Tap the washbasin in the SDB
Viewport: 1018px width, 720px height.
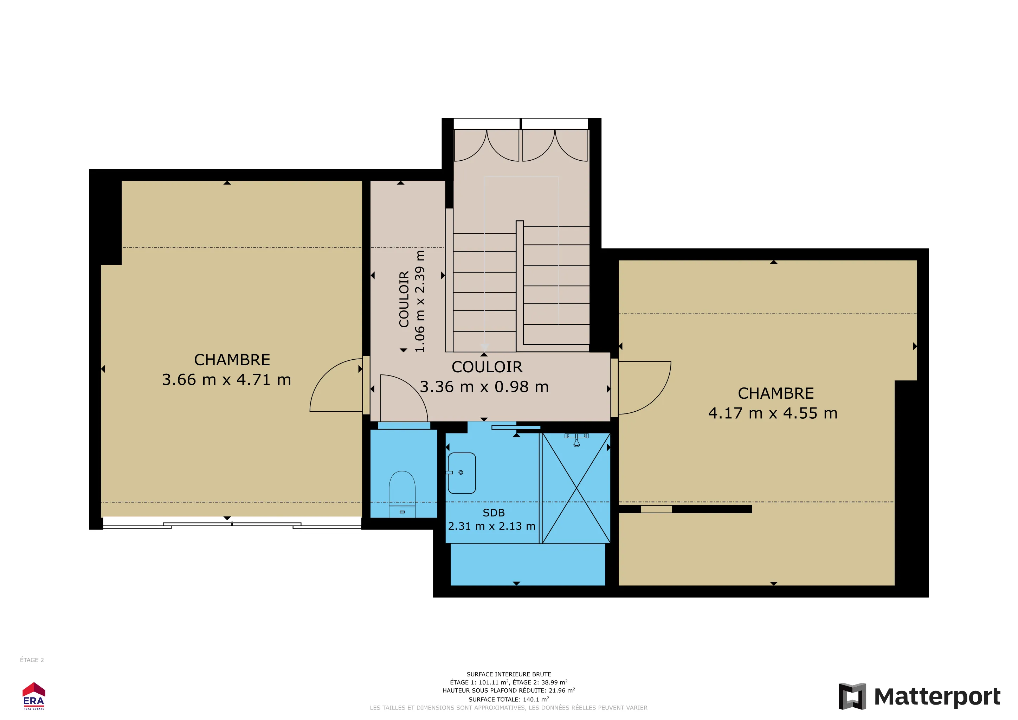[462, 473]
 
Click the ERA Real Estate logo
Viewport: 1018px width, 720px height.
[34, 696]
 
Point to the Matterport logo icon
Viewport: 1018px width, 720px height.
[852, 696]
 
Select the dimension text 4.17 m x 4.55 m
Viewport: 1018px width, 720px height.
[773, 413]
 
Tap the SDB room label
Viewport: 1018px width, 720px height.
[494, 513]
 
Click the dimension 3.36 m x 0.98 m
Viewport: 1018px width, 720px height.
[484, 387]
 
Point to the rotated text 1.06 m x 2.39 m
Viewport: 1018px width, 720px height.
[419, 302]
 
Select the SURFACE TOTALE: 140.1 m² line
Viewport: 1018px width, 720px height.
[509, 699]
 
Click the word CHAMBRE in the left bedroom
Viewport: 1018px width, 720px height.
[232, 360]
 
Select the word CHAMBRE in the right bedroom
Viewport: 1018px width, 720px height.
[776, 394]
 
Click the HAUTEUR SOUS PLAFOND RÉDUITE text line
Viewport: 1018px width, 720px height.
[509, 690]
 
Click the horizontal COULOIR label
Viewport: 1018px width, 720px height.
[487, 367]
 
